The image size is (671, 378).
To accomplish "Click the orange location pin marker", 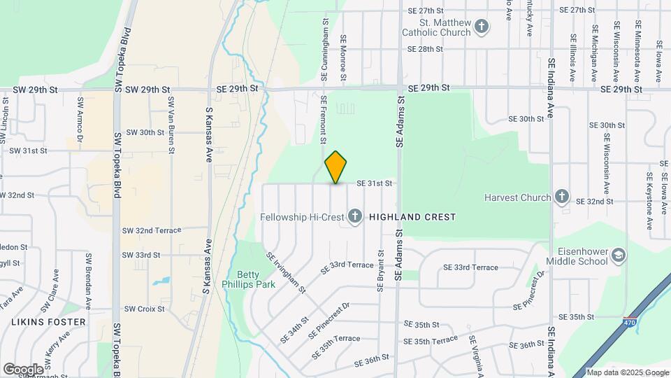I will point(336,167).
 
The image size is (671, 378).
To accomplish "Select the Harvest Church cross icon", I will point(561,197).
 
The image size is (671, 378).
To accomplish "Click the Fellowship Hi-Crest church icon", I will point(355,216).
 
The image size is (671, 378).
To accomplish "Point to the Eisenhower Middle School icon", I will point(618,256).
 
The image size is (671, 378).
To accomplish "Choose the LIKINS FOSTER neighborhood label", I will point(48,322).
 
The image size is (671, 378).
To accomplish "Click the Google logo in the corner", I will point(23,369).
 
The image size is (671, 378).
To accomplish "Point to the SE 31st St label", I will point(374,183).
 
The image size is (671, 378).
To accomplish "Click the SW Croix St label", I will point(144,309).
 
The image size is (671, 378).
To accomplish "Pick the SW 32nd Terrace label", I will point(151,230).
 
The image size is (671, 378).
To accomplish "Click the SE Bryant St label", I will point(381,272).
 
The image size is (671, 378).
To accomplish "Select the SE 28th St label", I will point(426,49).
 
